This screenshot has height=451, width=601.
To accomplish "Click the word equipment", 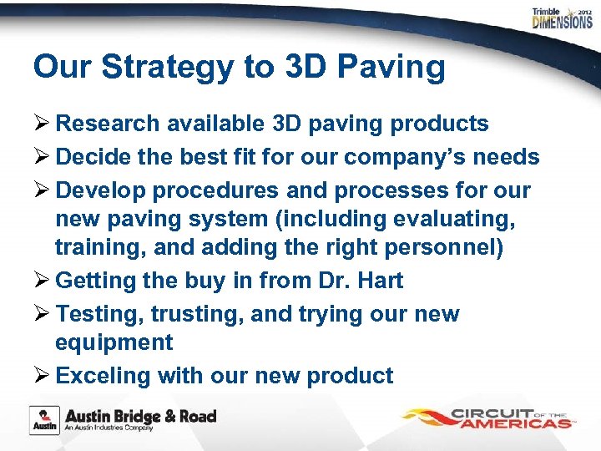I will pyautogui.click(x=114, y=342).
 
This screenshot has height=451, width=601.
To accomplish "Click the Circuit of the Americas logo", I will pyautogui.click(x=488, y=417).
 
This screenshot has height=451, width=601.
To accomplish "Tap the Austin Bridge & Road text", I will pyautogui.click(x=141, y=416).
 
